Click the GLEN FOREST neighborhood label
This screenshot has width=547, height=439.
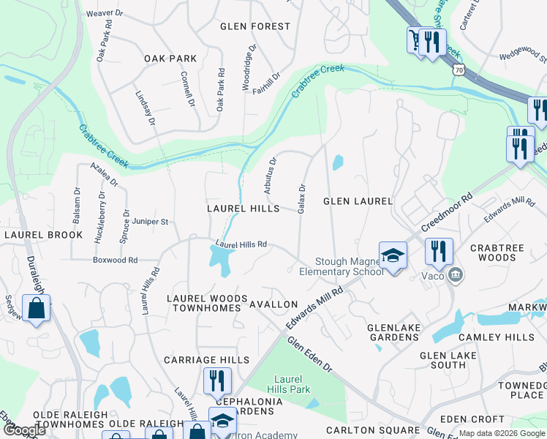click(x=255, y=26)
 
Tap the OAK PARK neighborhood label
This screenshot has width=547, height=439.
click(x=170, y=59)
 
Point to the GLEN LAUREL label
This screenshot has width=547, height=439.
click(x=358, y=201)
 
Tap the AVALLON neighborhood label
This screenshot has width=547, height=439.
click(x=273, y=304)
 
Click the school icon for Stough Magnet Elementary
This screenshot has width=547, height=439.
click(x=393, y=256)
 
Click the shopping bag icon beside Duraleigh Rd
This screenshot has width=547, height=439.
click(x=36, y=308)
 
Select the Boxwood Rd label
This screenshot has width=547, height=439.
click(x=115, y=260)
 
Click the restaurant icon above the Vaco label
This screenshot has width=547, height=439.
click(x=439, y=251)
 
